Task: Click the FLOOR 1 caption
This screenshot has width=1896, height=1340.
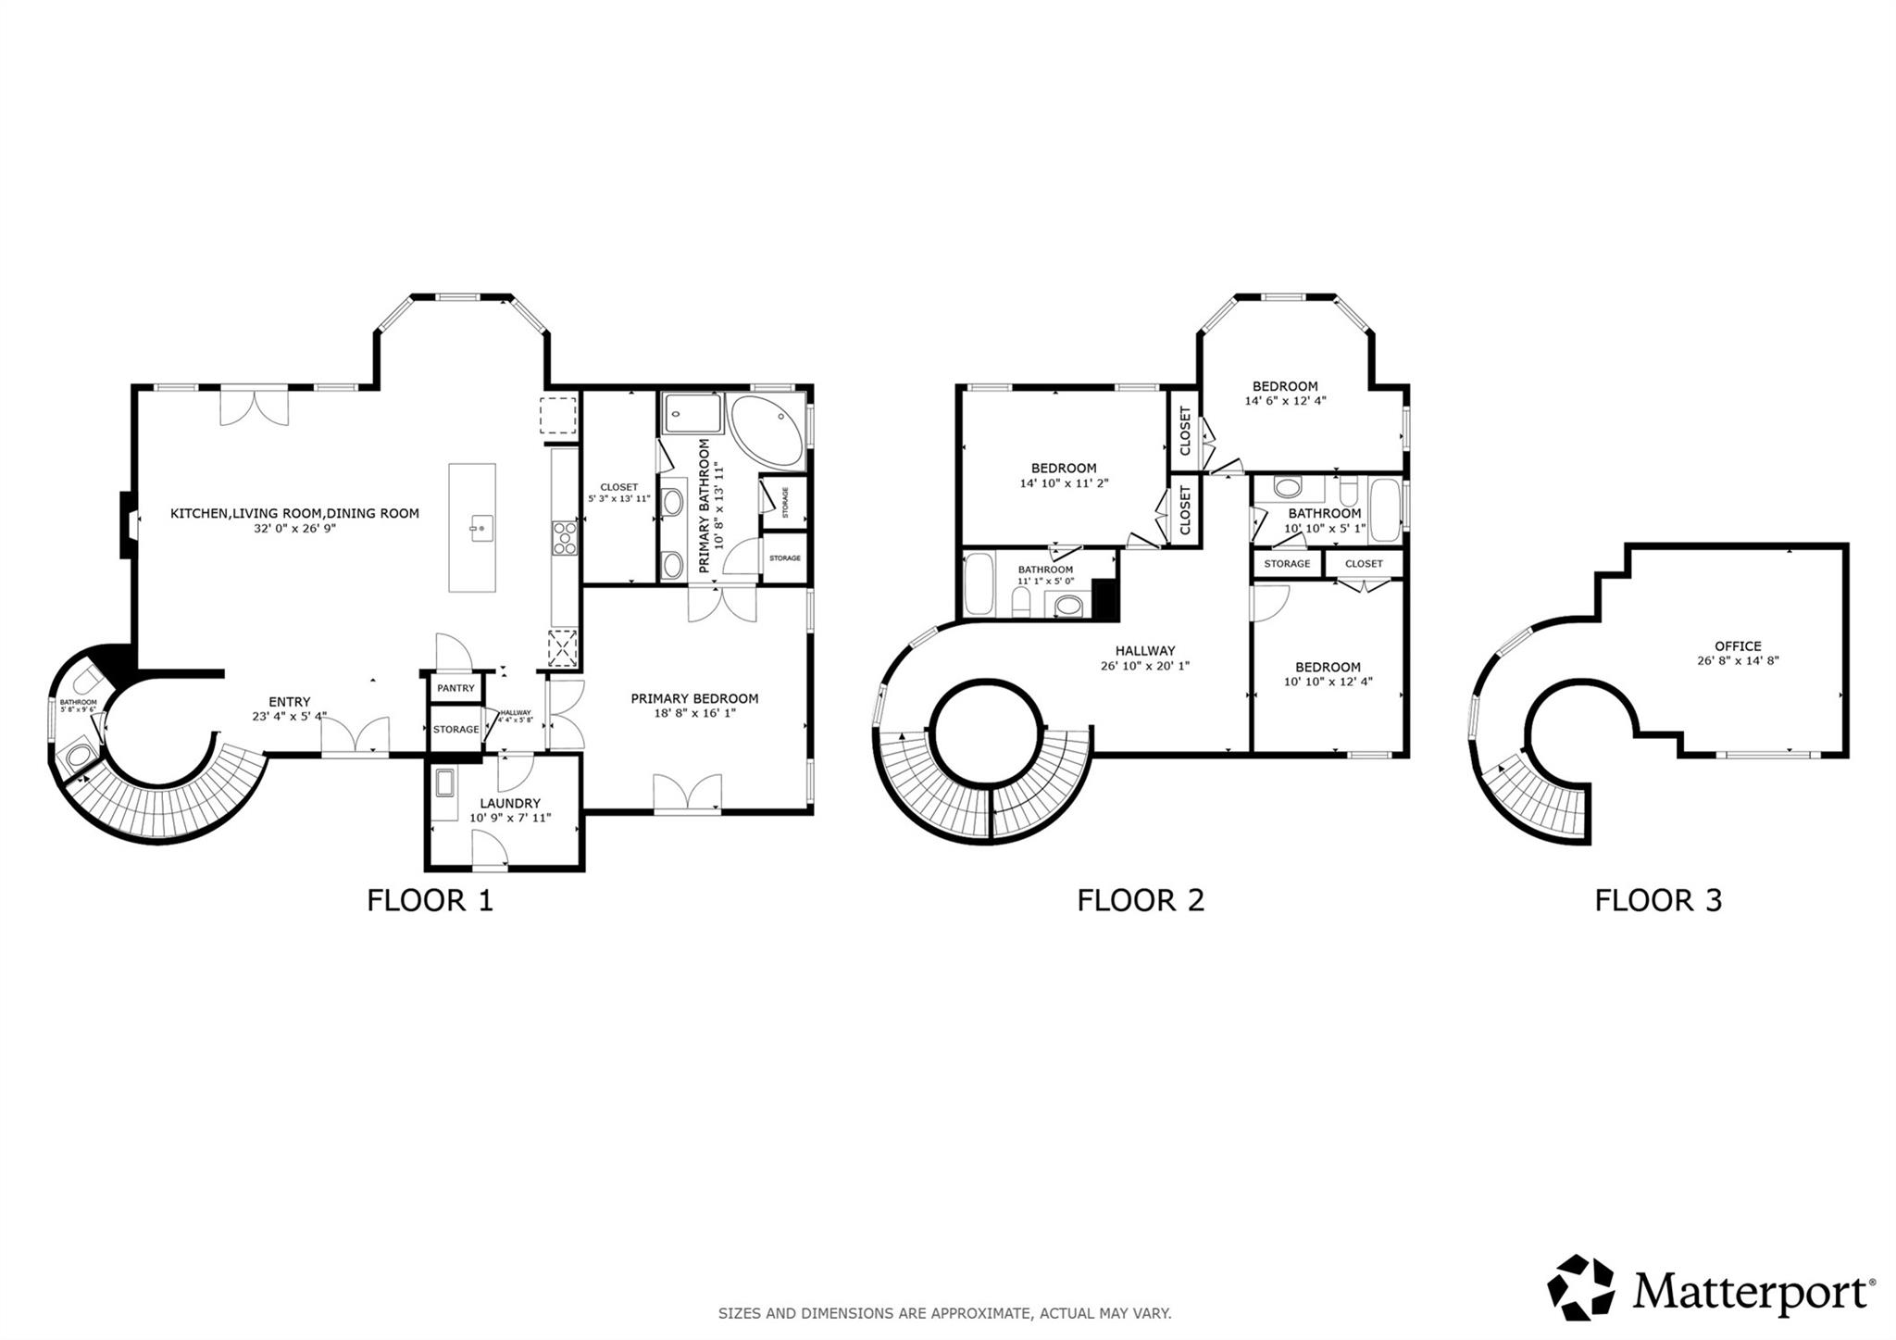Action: point(430,900)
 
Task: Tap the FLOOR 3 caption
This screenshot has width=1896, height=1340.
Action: point(1657,900)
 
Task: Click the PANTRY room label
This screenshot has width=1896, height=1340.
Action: point(455,688)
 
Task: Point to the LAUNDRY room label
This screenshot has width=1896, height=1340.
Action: point(505,804)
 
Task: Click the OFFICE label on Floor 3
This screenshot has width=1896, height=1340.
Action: point(1738,646)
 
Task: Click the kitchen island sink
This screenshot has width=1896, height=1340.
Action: point(479,530)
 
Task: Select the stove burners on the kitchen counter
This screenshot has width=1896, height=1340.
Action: point(564,538)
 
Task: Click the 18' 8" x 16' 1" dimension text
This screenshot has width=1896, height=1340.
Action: point(694,713)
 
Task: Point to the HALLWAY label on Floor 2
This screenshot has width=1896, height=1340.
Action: point(1144,651)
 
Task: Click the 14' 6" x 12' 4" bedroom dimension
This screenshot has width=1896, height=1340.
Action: point(1285,401)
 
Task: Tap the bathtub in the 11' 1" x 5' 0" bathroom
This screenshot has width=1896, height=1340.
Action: point(979,584)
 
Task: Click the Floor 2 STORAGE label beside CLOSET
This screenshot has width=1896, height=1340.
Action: point(1287,563)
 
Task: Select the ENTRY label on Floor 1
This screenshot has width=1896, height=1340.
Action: point(289,702)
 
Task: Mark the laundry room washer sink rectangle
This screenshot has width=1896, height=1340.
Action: point(446,783)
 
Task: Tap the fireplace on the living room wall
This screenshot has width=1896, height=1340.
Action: point(126,524)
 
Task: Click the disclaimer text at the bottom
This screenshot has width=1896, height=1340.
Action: point(944,1313)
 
